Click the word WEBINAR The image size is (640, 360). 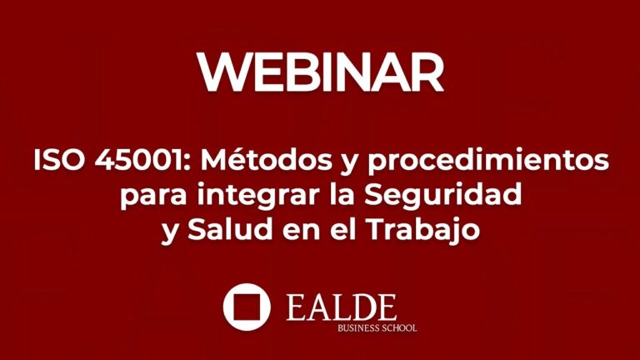(320, 72)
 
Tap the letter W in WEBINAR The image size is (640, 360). (221, 72)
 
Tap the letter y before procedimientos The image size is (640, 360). (331, 163)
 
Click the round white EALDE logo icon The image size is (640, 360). (247, 307)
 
